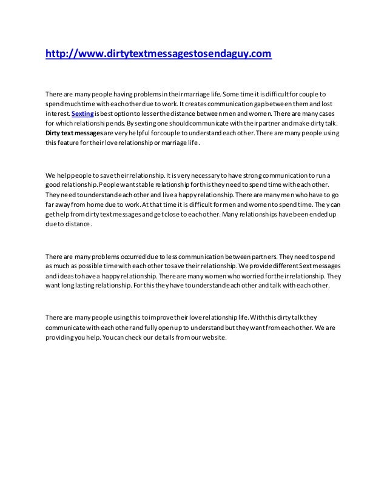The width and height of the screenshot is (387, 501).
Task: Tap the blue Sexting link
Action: click(82, 113)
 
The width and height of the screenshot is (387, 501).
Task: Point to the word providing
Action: click(63, 337)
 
